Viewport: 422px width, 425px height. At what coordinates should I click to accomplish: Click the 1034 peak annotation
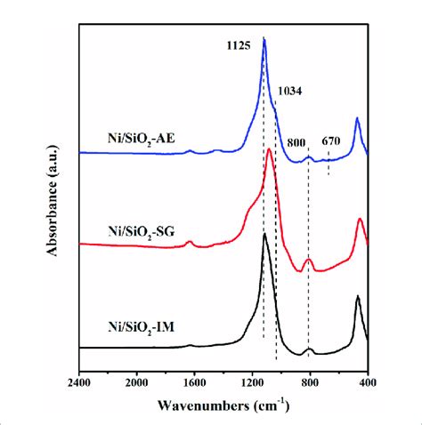click(x=290, y=91)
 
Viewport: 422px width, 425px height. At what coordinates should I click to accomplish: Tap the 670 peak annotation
click(x=331, y=140)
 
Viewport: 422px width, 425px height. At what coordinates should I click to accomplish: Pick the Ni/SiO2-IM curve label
click(x=139, y=327)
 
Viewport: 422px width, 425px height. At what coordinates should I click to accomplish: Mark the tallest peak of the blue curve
click(x=264, y=40)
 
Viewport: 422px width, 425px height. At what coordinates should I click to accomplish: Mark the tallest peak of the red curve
click(x=269, y=149)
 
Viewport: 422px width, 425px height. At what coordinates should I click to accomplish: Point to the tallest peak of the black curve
click(x=265, y=234)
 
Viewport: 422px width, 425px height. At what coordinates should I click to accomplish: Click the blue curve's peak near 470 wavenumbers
click(x=357, y=118)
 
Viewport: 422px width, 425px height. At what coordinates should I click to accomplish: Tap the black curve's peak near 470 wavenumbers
click(x=358, y=297)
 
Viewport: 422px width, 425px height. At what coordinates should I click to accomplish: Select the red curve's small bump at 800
click(x=308, y=260)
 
